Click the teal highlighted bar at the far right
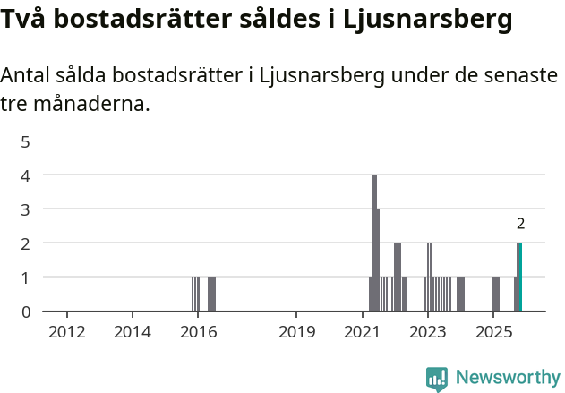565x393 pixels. [x=519, y=278]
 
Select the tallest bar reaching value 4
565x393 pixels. [x=374, y=243]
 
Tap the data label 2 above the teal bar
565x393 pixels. [x=520, y=224]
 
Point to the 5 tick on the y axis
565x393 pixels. [x=26, y=141]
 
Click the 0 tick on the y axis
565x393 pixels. [x=26, y=312]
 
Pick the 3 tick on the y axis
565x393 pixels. [x=26, y=209]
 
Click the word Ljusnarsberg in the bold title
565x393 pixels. [x=429, y=19]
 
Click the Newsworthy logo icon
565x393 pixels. [x=437, y=378]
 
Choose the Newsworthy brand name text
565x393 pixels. [x=507, y=378]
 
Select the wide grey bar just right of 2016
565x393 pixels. [x=211, y=294]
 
